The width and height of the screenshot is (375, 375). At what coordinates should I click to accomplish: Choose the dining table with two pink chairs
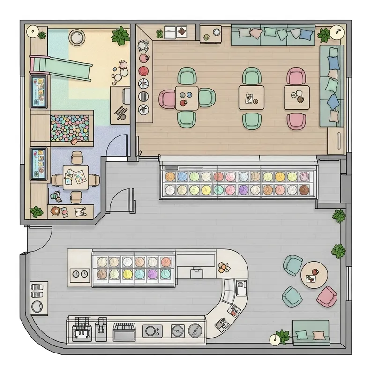[297, 97]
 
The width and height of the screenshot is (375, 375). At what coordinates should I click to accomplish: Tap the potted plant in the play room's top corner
[120, 36]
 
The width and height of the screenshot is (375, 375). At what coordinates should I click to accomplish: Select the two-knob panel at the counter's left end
[80, 273]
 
